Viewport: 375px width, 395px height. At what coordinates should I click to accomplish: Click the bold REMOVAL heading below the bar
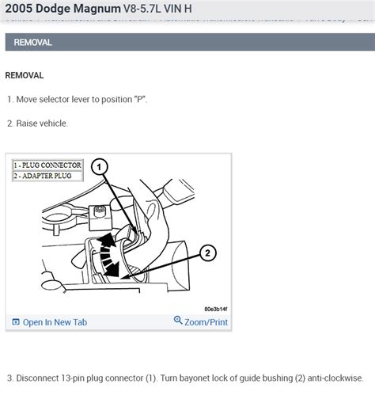coord(25,75)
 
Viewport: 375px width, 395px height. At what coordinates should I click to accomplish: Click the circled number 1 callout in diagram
coord(98,167)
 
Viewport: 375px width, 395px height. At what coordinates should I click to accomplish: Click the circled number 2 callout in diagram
coord(206,253)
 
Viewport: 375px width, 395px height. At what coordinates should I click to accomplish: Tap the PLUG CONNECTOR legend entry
coord(49,165)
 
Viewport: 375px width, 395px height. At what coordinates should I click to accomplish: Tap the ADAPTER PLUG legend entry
coord(46,176)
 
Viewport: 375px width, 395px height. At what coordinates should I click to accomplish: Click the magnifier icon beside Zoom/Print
coord(178,321)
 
